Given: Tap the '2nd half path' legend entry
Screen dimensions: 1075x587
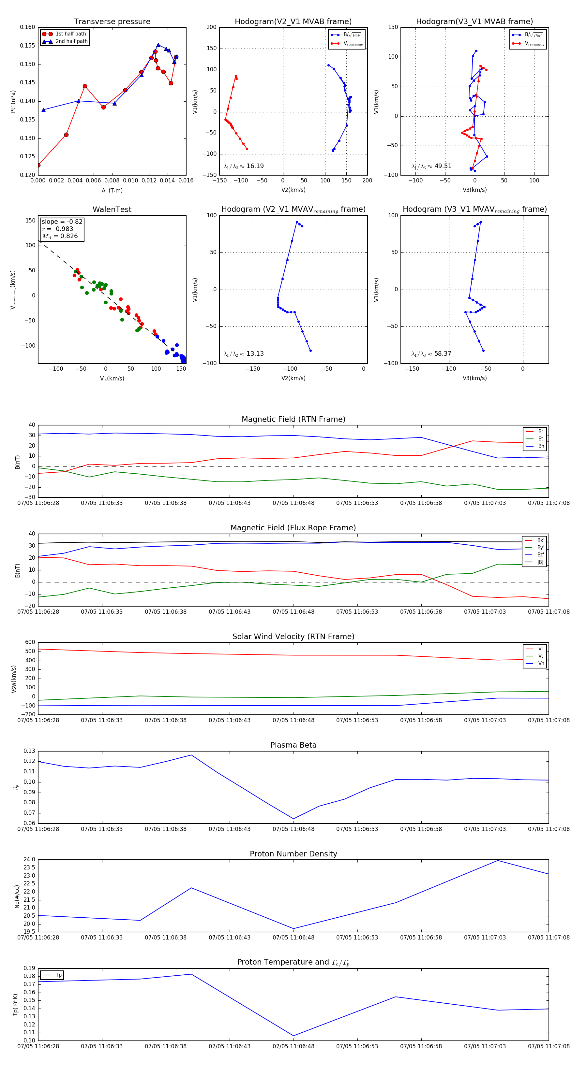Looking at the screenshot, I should pyautogui.click(x=71, y=41).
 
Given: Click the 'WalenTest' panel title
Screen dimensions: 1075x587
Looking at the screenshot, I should pyautogui.click(x=112, y=209).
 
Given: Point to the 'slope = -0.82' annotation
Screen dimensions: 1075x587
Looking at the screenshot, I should pyautogui.click(x=62, y=222).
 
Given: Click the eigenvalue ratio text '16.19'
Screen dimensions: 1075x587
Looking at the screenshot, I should pyautogui.click(x=255, y=166).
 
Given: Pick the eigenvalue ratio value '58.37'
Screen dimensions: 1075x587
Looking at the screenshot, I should pyautogui.click(x=443, y=354).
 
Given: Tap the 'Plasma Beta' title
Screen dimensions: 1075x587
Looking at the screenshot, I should pyautogui.click(x=293, y=745).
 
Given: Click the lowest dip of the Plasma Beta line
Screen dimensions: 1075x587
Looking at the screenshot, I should pyautogui.click(x=293, y=819).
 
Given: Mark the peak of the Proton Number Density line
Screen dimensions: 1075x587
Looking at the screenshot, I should pyautogui.click(x=498, y=861).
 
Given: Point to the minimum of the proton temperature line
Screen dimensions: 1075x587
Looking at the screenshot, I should pyautogui.click(x=293, y=1036).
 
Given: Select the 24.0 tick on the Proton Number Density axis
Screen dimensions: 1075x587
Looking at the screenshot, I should pyautogui.click(x=29, y=860).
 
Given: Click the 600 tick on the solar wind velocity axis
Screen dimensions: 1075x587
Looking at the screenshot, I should pyautogui.click(x=30, y=642).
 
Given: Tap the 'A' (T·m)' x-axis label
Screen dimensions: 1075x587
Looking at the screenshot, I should pyautogui.click(x=112, y=191).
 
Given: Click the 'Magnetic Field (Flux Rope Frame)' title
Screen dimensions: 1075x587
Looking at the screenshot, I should pyautogui.click(x=293, y=528).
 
